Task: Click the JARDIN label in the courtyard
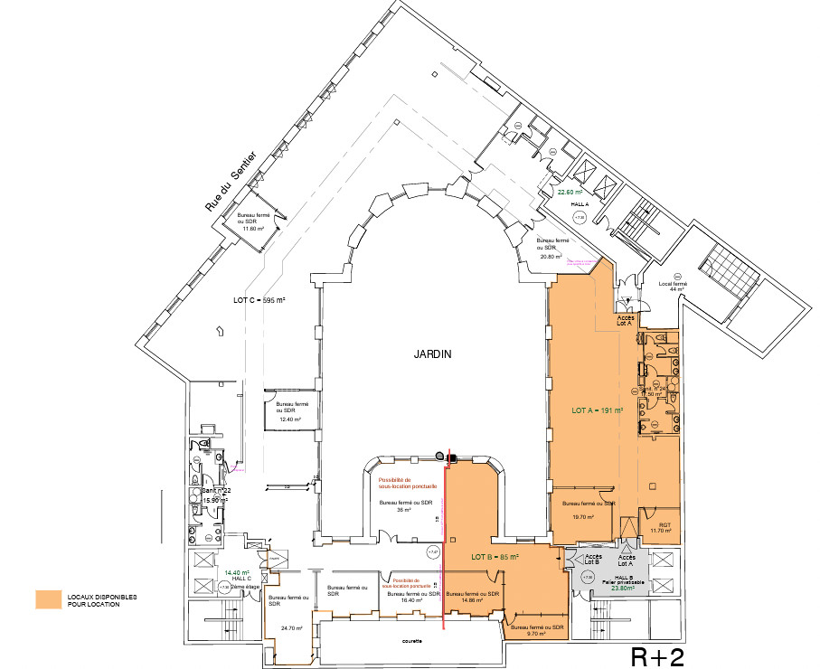pos(408,354)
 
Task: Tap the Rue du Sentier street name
pos(231,182)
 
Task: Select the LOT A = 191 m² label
pos(593,410)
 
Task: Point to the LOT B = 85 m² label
pos(493,558)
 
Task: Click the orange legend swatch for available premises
pos(49,599)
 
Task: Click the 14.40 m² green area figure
pos(237,572)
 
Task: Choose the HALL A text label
pos(580,205)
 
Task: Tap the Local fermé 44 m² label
pos(674,288)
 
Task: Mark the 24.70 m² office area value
pos(292,627)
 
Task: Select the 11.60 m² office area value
pos(252,229)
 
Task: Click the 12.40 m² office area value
pos(289,419)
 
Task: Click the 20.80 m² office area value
pos(552,256)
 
